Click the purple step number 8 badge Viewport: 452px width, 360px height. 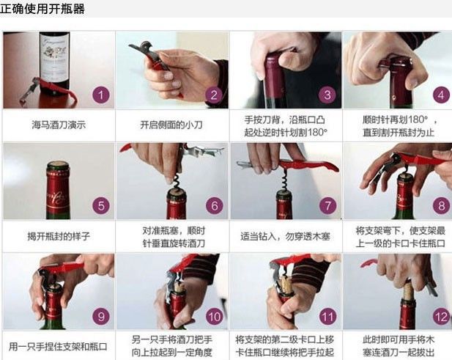click(x=440, y=206)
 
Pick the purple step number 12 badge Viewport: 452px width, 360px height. click(x=440, y=317)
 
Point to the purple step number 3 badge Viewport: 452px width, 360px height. click(x=327, y=95)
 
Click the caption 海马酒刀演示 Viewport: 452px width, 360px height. click(x=59, y=125)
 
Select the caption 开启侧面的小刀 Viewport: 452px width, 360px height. click(x=171, y=125)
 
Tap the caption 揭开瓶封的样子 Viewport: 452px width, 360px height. click(x=59, y=236)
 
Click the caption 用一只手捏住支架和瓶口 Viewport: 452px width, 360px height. click(x=59, y=346)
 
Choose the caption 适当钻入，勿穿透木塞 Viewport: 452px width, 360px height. click(x=285, y=236)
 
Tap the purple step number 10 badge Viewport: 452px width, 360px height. click(x=213, y=317)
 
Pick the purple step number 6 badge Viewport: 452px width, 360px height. click(x=213, y=206)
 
